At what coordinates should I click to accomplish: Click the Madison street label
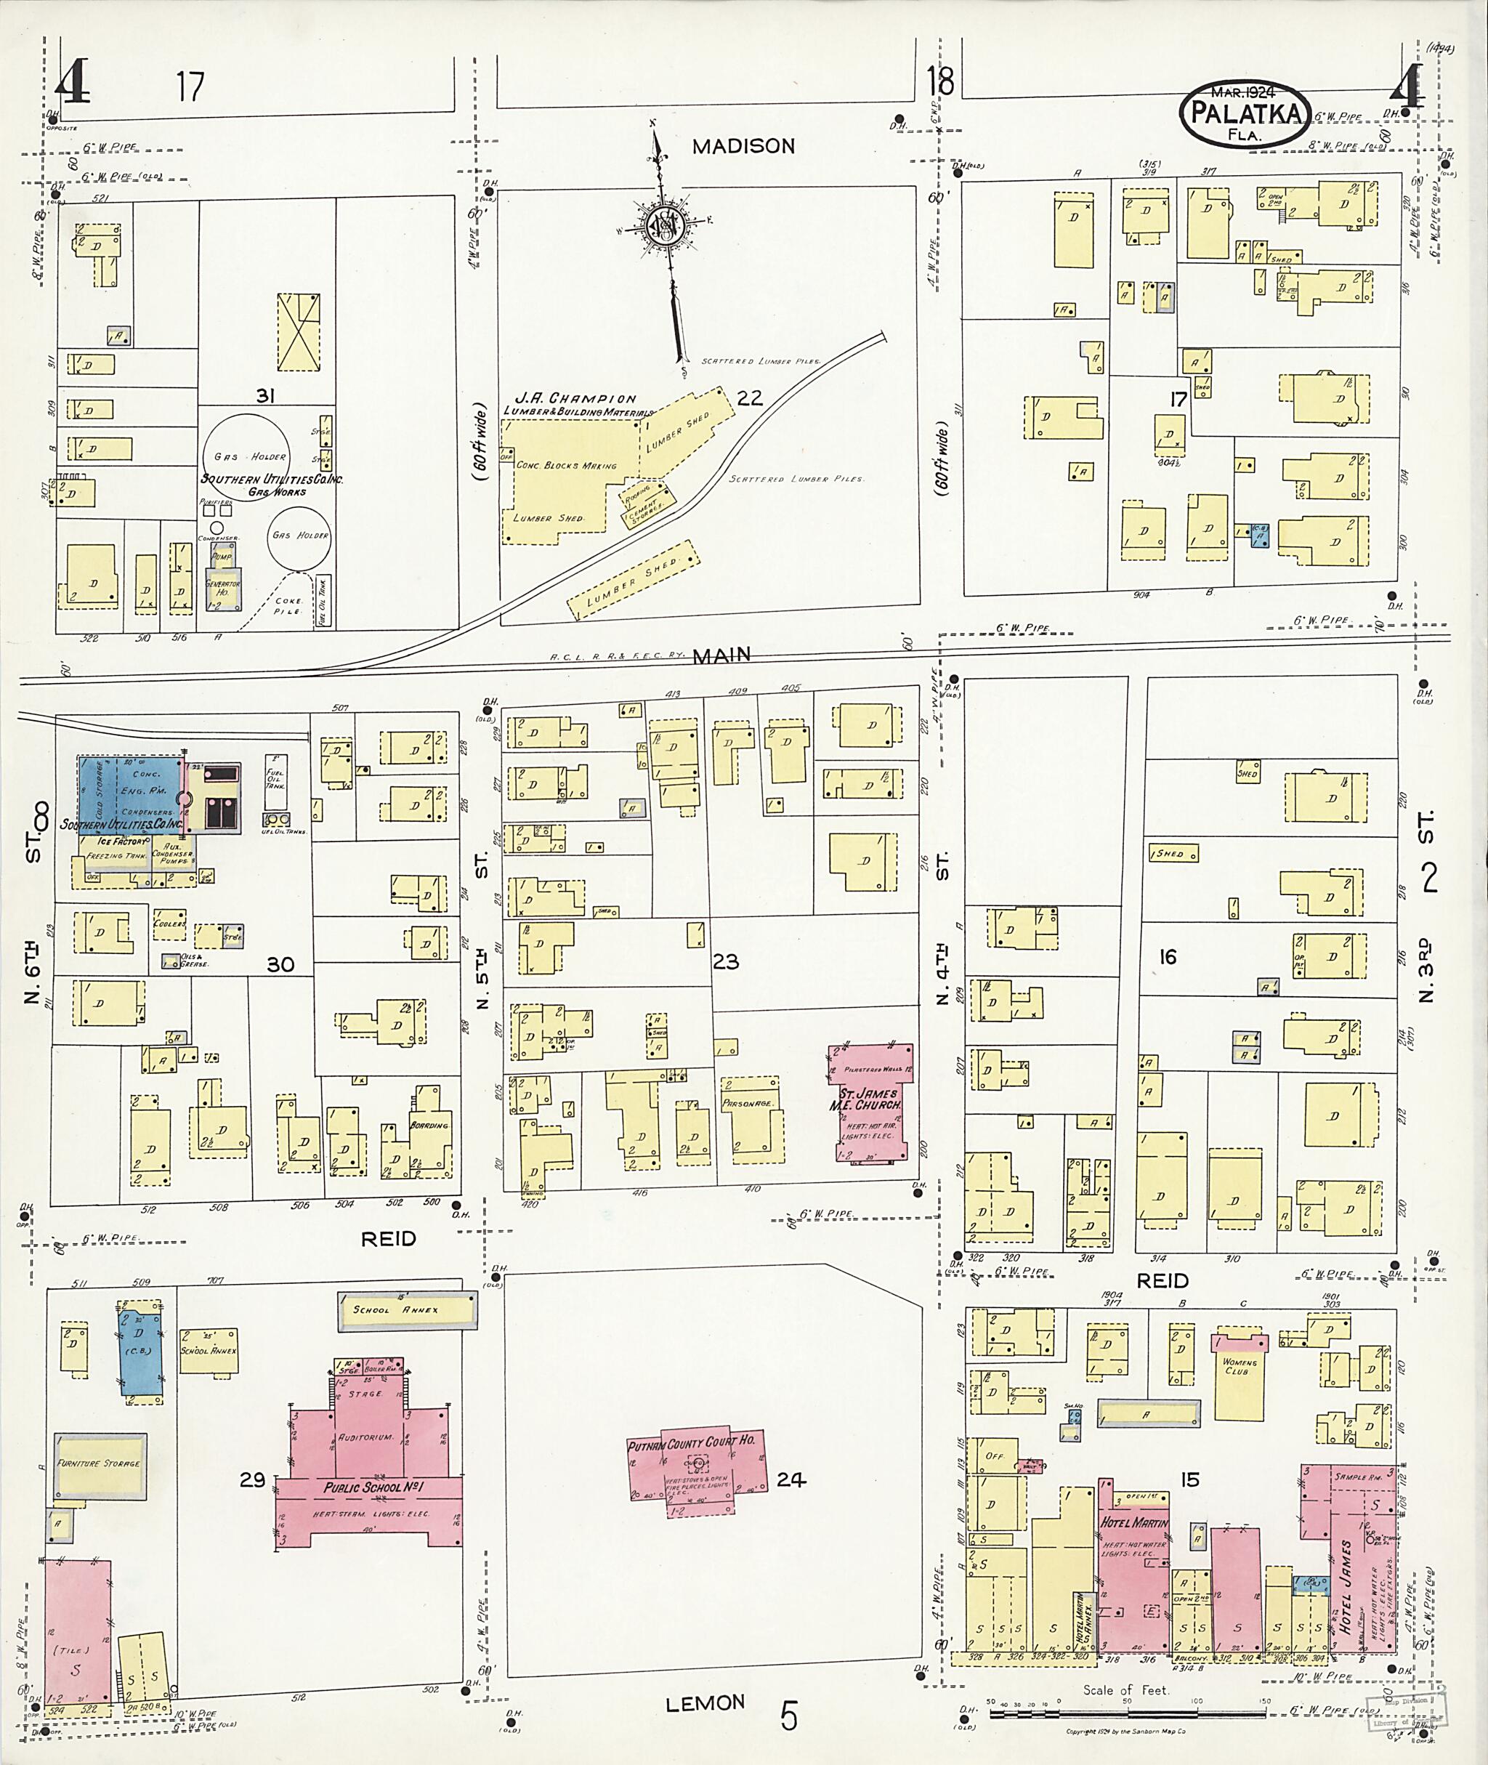pos(743,146)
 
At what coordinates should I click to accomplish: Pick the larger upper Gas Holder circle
pos(246,456)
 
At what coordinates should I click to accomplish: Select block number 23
pos(725,960)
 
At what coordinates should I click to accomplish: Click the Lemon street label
pos(706,1703)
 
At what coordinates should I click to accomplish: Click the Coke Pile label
pos(288,606)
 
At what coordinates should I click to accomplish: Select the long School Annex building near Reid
pos(408,1310)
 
